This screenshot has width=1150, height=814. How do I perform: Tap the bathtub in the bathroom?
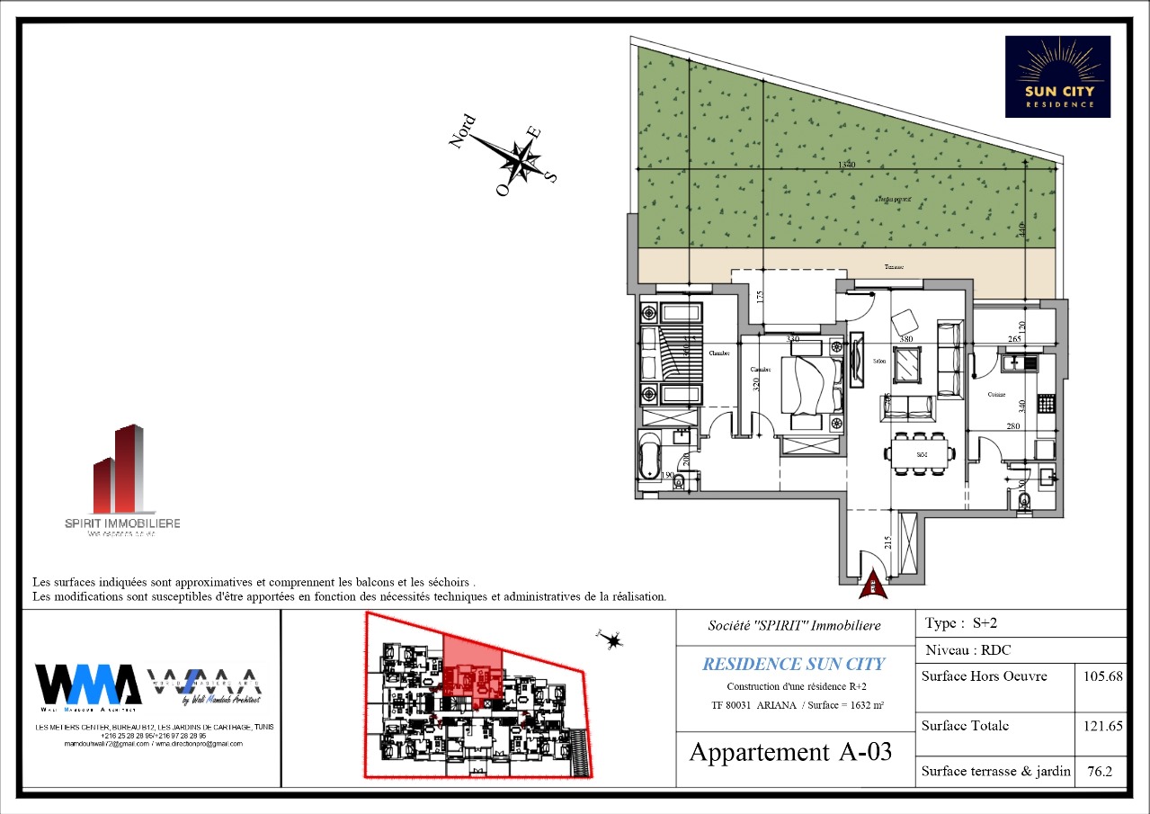click(648, 455)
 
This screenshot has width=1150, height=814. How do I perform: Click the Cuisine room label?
click(996, 395)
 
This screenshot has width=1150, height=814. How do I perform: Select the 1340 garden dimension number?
click(846, 165)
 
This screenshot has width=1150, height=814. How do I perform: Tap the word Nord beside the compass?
click(463, 132)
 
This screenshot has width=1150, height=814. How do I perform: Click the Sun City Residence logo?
click(1057, 76)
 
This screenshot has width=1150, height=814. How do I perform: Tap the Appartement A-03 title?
click(790, 752)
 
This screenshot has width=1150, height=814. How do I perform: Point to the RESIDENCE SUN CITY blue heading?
click(793, 665)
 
